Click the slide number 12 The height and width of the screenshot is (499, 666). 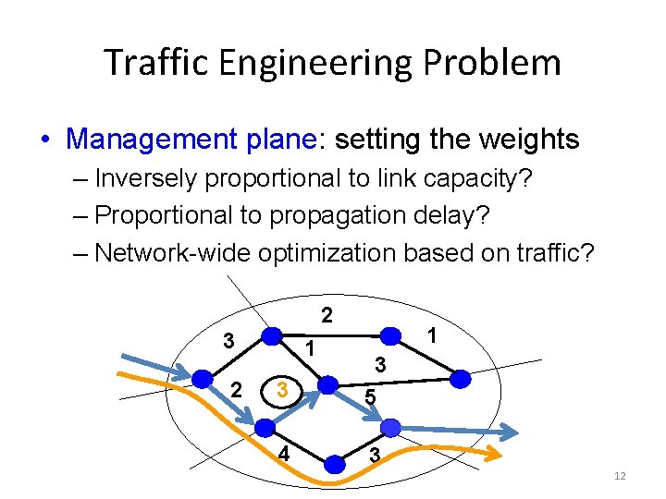click(620, 475)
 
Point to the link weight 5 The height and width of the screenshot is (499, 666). click(369, 397)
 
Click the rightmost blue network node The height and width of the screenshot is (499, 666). click(460, 379)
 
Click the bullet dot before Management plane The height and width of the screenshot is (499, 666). click(45, 140)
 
